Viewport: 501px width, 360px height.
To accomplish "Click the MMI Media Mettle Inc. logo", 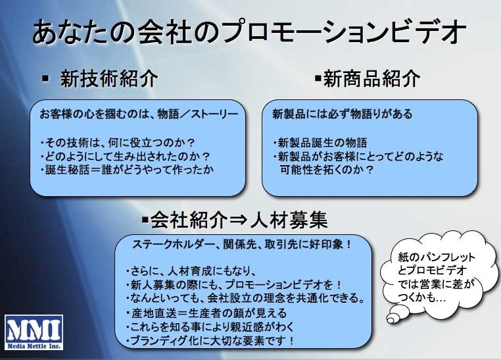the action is click(x=34, y=332).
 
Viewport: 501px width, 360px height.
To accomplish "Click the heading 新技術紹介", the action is click(x=108, y=78).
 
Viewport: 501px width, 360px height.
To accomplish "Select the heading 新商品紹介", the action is click(x=371, y=78).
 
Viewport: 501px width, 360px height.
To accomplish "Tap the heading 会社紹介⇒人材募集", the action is click(x=239, y=220).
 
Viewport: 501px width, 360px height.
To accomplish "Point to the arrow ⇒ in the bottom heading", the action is click(x=239, y=220).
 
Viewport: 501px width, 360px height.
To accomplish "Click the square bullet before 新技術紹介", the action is click(x=45, y=78).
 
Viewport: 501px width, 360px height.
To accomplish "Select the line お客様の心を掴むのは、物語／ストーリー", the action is click(x=139, y=114).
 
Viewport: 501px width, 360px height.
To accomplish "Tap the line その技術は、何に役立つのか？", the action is click(x=118, y=143).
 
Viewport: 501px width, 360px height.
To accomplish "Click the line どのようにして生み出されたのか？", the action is click(x=125, y=157).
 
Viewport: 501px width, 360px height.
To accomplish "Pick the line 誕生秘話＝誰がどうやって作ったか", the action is click(x=127, y=170).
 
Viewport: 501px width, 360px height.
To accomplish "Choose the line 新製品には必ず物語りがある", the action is click(x=342, y=114).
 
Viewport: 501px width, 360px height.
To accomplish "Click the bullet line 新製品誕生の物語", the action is click(x=320, y=143).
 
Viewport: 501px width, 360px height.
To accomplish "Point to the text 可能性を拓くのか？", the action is click(x=327, y=170).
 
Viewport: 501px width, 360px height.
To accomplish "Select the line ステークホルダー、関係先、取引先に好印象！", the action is click(x=242, y=245).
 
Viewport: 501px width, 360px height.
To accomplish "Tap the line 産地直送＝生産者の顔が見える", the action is click(x=206, y=313).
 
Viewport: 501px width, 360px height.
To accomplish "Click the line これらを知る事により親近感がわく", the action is click(x=210, y=326).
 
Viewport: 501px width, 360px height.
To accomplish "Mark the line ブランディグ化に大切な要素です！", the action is click(x=210, y=341).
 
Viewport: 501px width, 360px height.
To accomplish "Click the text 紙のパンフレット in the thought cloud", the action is click(x=437, y=257).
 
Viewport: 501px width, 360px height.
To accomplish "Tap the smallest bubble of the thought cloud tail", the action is click(x=391, y=319).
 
